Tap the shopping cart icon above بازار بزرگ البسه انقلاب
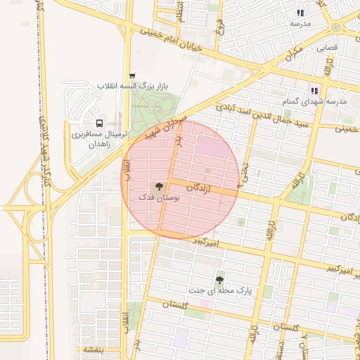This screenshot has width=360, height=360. click(132, 75)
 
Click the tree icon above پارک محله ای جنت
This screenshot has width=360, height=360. click(221, 280)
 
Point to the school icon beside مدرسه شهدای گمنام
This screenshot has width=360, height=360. click(315, 90)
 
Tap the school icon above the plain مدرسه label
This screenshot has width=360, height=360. click(300, 13)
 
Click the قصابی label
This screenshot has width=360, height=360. click(326, 49)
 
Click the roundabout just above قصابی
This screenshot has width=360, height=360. click(335, 27)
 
